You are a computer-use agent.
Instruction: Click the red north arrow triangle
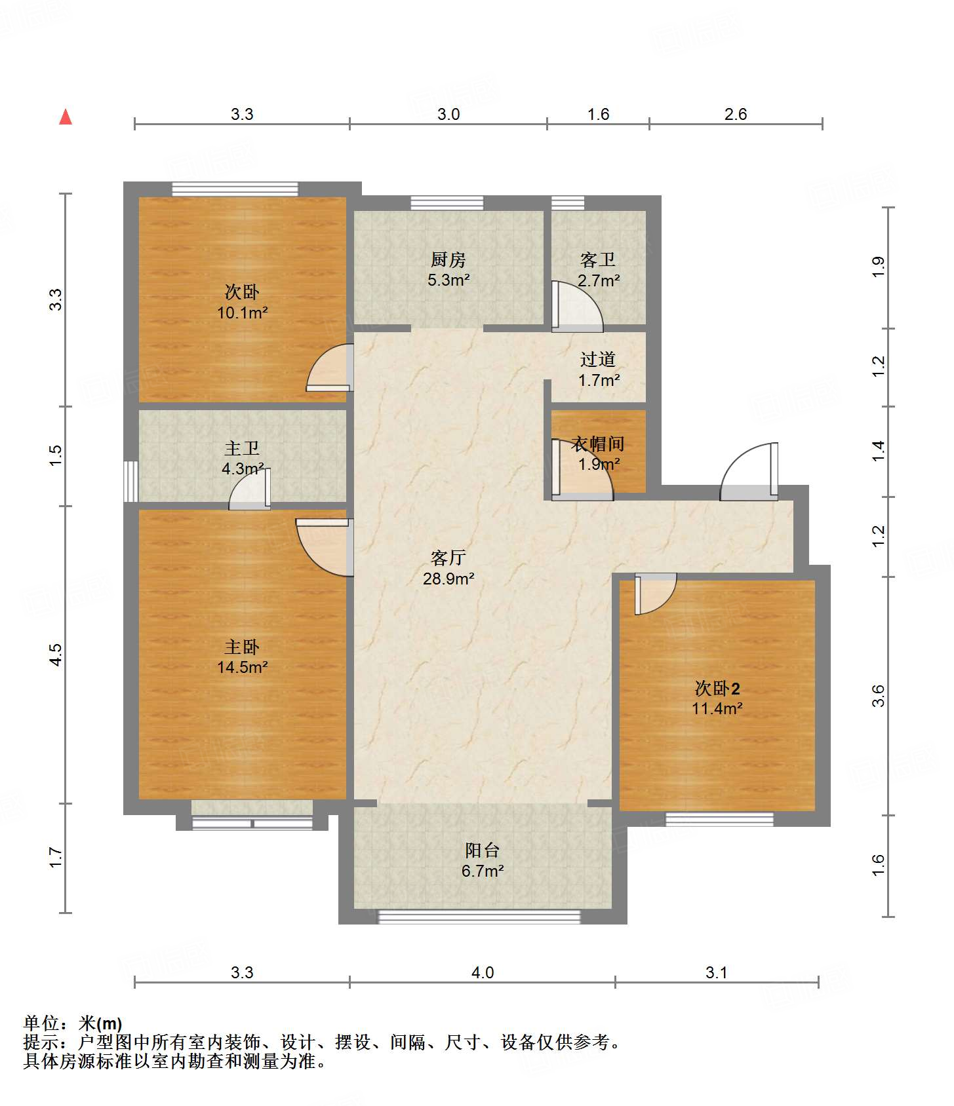click(x=66, y=117)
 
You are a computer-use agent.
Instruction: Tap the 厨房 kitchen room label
click(x=448, y=260)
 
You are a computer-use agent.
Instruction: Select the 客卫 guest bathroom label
click(x=598, y=260)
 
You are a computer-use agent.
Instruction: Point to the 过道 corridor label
click(x=598, y=359)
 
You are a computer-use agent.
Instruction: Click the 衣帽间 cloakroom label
click(x=598, y=444)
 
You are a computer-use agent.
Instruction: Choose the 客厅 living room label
click(x=448, y=558)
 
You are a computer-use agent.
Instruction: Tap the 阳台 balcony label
click(x=483, y=850)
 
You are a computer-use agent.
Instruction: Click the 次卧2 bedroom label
click(x=717, y=689)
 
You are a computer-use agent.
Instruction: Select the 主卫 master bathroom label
click(x=242, y=448)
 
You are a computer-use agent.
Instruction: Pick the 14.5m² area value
click(x=242, y=668)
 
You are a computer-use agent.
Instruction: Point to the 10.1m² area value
click(x=242, y=313)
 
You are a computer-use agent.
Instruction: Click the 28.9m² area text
click(x=448, y=579)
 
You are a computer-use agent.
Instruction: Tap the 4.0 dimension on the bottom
click(x=483, y=973)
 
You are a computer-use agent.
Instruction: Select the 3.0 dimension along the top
click(x=448, y=115)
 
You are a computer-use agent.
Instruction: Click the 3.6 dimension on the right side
click(x=879, y=696)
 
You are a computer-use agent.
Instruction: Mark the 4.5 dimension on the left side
click(x=56, y=655)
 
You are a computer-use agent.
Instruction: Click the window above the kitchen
click(x=447, y=203)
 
